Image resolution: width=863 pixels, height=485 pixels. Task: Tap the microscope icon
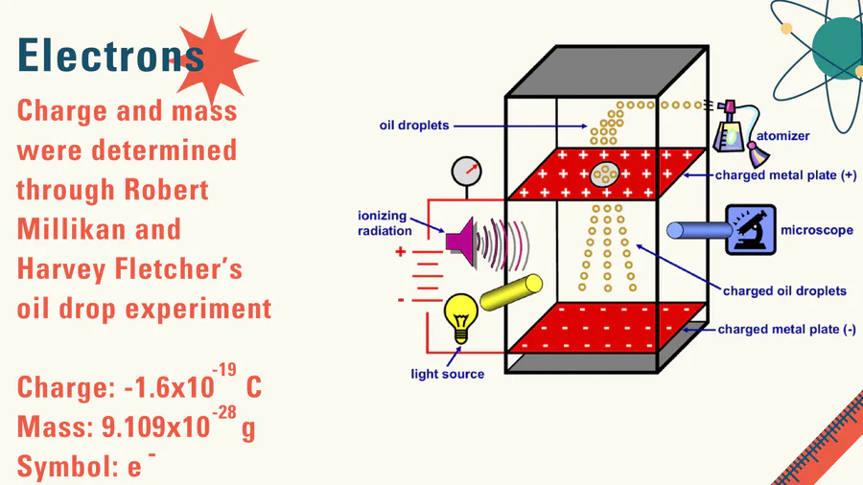(751, 230)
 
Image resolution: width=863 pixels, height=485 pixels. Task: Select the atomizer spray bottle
(734, 127)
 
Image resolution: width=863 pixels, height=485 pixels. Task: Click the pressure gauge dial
(466, 173)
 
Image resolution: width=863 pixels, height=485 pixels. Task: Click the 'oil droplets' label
(413, 126)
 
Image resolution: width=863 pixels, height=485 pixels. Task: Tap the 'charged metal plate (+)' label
(785, 176)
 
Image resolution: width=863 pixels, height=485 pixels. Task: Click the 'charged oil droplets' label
(784, 290)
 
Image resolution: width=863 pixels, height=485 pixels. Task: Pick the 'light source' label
(448, 373)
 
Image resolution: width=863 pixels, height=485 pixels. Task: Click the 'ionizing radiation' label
(384, 222)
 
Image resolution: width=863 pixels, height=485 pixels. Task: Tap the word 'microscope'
(816, 230)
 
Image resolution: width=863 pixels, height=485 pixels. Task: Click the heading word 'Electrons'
(110, 55)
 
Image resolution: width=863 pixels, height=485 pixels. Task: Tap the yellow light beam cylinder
(511, 293)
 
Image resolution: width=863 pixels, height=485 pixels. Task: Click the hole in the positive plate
(605, 173)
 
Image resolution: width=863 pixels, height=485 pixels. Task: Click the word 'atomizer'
(782, 136)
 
